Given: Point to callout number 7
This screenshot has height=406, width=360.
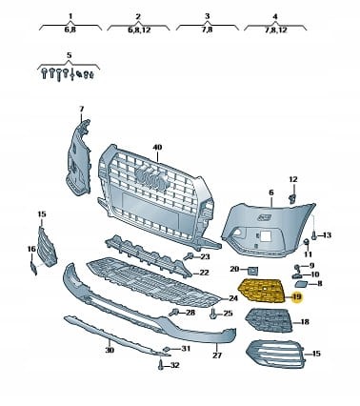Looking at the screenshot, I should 81,109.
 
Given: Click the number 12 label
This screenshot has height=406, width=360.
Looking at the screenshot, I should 293,178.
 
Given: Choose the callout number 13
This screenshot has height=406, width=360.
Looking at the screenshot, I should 326,234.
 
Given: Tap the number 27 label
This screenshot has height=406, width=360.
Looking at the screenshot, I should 216,355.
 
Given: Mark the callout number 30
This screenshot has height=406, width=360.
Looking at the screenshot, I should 110,351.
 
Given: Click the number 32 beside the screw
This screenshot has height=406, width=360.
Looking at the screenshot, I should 175,364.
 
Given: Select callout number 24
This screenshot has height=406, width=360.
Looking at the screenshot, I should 234,298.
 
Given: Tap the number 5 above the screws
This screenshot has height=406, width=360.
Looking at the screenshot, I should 70,56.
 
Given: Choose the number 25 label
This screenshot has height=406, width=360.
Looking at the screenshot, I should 228,313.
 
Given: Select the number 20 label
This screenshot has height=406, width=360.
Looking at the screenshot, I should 235,269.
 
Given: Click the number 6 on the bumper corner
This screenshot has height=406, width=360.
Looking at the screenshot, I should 270,193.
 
